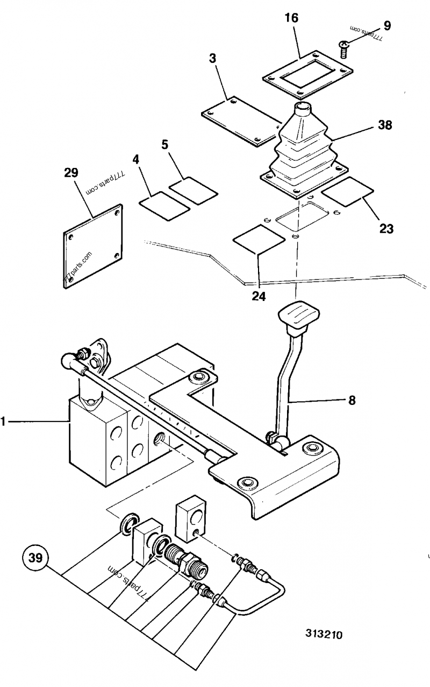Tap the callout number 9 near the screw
388,25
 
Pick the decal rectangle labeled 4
164,204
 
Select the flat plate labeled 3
239,120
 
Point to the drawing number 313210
324,634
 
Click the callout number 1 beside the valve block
4,423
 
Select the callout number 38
385,125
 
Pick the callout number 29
71,173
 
